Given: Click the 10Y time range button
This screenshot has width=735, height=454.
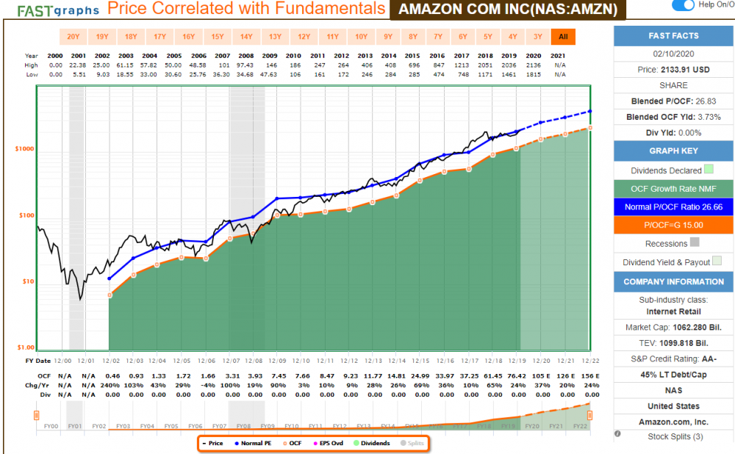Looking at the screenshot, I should tap(361, 36).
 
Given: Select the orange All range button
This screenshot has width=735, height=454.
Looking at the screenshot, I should tap(564, 36).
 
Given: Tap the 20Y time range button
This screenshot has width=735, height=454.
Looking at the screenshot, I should tap(73, 36).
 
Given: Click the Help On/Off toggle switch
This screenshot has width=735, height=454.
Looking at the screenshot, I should tap(683, 5).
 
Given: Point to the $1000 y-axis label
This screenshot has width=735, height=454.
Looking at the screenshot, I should tap(25, 148).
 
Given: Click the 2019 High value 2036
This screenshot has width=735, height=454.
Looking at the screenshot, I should tap(509, 65).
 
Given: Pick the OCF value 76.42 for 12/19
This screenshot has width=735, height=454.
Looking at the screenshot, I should tap(509, 375).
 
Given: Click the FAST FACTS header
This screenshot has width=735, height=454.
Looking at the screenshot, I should tap(673, 36).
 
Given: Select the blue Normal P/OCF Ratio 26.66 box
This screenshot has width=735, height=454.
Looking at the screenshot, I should tap(673, 207).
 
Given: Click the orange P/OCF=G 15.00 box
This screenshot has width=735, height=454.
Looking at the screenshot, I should tap(673, 225).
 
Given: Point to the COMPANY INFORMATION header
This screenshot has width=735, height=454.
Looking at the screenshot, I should tap(673, 281).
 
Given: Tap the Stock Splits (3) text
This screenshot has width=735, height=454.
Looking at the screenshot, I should tap(673, 436).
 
